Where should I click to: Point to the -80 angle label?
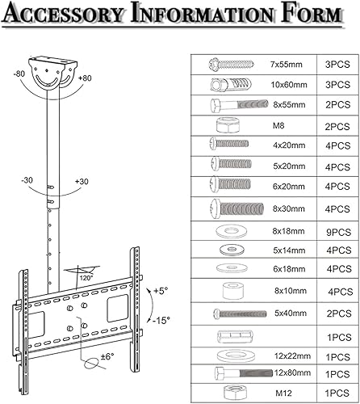18,74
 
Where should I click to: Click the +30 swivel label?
82,182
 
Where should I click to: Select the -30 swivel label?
28,179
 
